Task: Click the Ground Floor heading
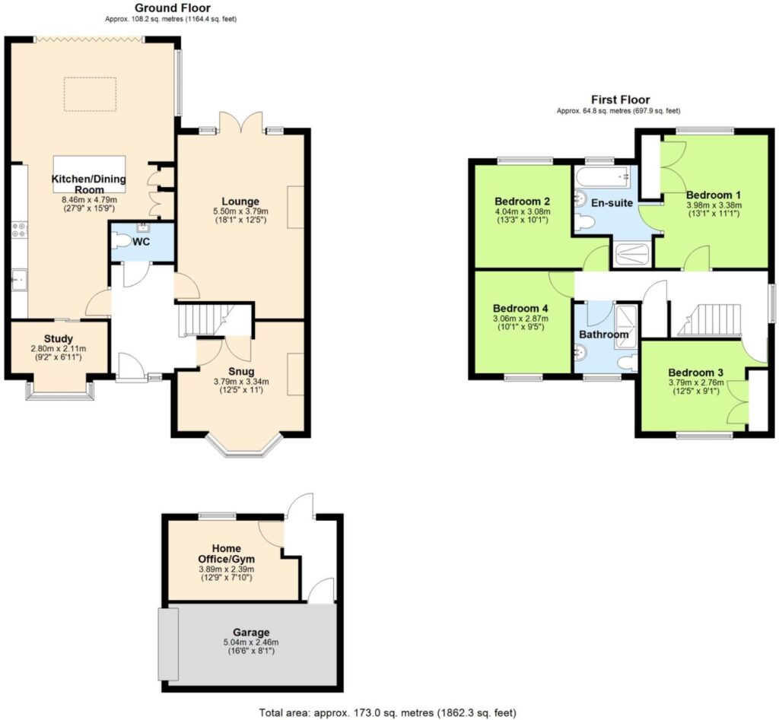click(173, 8)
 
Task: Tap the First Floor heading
click(620, 100)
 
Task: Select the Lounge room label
click(240, 201)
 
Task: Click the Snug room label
click(241, 372)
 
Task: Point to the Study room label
click(59, 339)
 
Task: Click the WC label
click(141, 243)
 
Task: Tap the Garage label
click(251, 633)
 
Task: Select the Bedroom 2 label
click(522, 201)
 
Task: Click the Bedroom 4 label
click(520, 309)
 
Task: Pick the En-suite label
click(612, 202)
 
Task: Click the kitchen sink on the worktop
click(19, 280)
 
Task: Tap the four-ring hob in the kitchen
click(19, 230)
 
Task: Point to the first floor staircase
click(711, 320)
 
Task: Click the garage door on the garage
click(168, 644)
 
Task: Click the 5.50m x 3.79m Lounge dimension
click(240, 211)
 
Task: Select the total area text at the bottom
click(388, 713)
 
